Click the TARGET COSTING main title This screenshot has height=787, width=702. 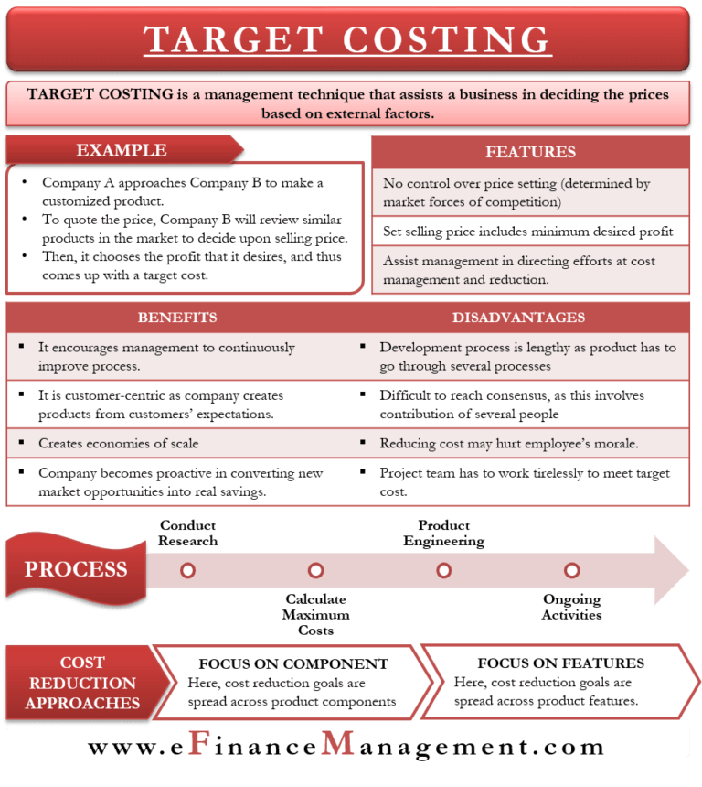pos(347,40)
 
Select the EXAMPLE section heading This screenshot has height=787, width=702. pos(121,150)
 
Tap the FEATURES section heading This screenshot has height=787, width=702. pos(530,152)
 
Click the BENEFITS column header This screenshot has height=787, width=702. pos(177,318)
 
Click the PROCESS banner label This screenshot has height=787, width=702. pos(76,569)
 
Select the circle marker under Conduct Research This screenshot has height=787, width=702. pos(187,570)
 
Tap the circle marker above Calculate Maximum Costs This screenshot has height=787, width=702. pos(315,570)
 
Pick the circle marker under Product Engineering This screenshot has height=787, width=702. pos(443,570)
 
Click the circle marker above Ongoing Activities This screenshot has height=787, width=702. pos(571,570)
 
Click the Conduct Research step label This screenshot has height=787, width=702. pos(188,533)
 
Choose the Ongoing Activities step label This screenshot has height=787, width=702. pos(572,607)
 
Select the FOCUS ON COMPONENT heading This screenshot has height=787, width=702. pos(293,664)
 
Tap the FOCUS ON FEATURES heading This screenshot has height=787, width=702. pos(560,663)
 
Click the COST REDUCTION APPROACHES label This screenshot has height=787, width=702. pos(83,683)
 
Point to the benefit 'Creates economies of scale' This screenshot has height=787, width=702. pos(118,444)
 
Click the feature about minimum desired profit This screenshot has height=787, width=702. pos(528,232)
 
